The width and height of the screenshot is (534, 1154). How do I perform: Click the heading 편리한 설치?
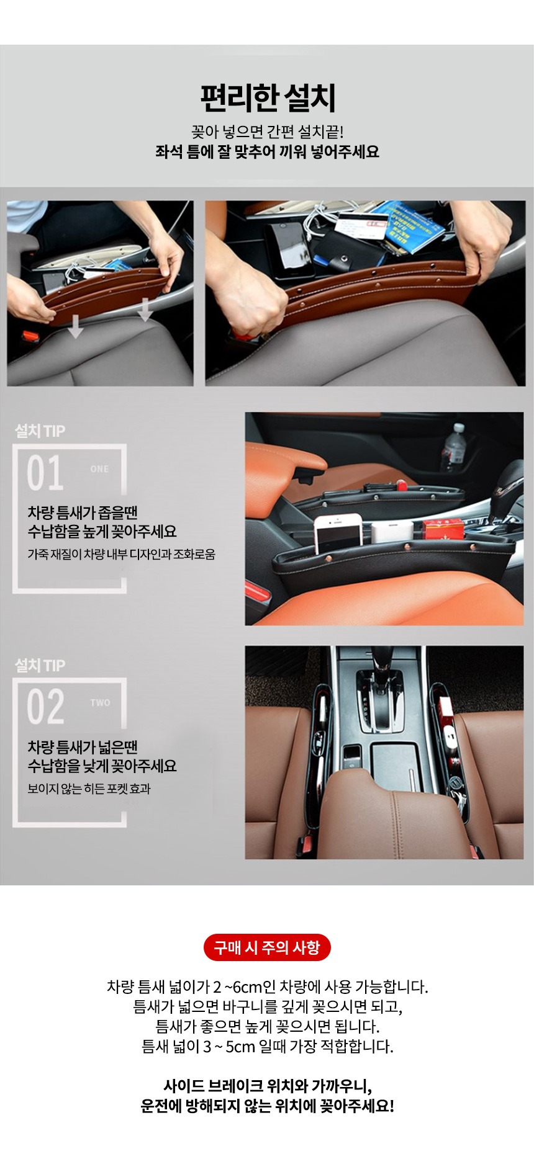(x=268, y=99)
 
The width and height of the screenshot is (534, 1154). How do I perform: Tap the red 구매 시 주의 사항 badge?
(x=267, y=947)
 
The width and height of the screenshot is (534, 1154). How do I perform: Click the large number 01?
(x=45, y=473)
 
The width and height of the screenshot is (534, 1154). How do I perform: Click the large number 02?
(x=45, y=707)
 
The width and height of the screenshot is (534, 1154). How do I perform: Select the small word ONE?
(x=99, y=469)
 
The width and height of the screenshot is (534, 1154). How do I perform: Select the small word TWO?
(x=100, y=703)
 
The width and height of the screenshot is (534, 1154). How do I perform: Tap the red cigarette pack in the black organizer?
(x=443, y=529)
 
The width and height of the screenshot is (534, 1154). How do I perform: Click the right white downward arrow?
(x=145, y=308)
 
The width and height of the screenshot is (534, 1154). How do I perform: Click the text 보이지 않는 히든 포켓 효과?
(x=89, y=789)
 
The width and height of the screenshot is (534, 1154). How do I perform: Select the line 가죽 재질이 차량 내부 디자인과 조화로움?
(x=121, y=554)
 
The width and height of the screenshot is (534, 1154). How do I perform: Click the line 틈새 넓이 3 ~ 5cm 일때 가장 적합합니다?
(x=268, y=1047)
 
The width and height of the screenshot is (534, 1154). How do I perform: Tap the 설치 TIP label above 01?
(x=40, y=431)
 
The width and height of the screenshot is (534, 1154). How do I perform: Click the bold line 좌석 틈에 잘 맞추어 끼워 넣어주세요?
(x=267, y=152)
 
